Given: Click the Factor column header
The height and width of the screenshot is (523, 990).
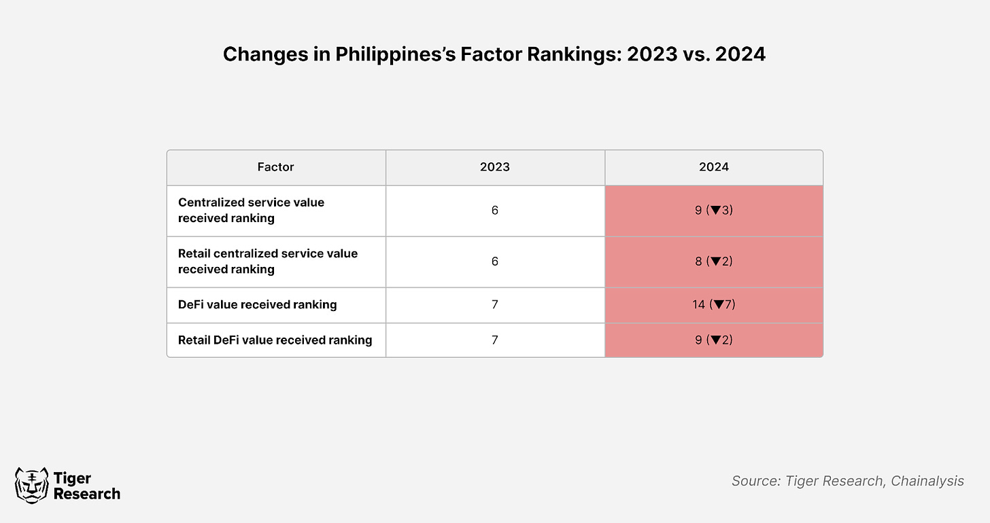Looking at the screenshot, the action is tap(275, 167).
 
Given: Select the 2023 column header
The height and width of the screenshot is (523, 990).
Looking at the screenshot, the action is tap(494, 167).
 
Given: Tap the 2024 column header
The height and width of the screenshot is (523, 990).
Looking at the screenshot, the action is tap(714, 167).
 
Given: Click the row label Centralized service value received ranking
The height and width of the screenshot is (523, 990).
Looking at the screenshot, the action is tap(251, 210).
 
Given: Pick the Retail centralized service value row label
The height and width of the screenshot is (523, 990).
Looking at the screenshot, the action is tap(268, 261).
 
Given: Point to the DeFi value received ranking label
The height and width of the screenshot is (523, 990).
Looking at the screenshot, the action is tap(257, 304).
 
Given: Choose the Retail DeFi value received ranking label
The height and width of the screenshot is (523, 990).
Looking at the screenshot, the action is tap(275, 340).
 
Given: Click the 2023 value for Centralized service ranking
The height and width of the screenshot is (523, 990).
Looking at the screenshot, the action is tap(494, 210).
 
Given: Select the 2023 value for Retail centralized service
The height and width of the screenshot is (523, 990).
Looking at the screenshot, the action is tap(494, 261).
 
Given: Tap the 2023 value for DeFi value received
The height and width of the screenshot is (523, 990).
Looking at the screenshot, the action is tap(494, 304).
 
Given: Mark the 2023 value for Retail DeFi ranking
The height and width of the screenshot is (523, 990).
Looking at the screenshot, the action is tap(494, 340).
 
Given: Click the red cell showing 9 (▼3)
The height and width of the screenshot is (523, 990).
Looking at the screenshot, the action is tap(714, 211).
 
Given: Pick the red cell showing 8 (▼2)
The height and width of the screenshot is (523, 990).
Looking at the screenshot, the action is tap(714, 261).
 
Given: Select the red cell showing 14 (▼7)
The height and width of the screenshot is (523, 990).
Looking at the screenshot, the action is tap(714, 305).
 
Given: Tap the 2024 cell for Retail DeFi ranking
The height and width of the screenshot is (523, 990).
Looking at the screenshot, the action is tap(714, 340).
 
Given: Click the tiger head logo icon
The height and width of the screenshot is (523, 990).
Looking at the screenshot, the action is tap(31, 486).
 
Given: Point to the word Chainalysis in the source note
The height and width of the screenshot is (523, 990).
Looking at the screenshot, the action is tap(927, 481).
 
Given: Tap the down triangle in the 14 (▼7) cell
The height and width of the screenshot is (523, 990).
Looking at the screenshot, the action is tap(719, 304).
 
